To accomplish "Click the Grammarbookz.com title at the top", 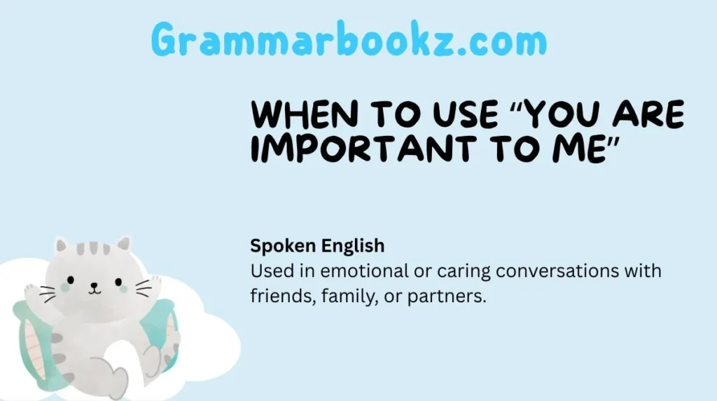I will (x=349, y=41).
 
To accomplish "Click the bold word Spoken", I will (x=283, y=247).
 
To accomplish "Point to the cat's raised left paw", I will (x=33, y=290).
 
